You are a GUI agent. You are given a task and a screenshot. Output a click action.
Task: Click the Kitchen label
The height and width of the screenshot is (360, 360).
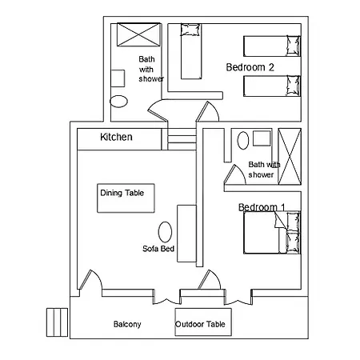[116, 137]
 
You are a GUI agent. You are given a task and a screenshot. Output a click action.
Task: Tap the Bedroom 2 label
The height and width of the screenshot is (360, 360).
[250, 67]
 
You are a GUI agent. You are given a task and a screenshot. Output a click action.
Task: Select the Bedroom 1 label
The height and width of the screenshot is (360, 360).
[262, 207]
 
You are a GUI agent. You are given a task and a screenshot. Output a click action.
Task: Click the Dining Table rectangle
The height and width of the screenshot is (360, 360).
[126, 198]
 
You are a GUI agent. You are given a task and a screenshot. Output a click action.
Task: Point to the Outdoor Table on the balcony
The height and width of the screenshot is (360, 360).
[203, 322]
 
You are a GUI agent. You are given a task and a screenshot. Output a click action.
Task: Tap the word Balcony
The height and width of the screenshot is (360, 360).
[127, 324]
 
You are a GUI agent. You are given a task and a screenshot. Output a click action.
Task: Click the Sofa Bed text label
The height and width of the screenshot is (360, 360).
[158, 249]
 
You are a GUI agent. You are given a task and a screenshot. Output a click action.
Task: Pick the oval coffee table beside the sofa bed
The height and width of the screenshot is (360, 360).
[165, 232]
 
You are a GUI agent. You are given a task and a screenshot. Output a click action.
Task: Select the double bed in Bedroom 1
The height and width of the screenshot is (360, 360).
[272, 233]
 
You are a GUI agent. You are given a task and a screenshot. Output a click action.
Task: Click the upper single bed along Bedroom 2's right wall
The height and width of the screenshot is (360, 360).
[272, 46]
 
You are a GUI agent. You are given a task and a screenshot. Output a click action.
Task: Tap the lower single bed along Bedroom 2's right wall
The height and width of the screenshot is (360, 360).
[272, 86]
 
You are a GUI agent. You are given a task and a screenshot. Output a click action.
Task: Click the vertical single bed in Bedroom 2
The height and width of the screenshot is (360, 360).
[191, 51]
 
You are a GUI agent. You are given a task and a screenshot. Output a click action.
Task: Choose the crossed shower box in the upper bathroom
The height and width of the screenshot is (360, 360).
[139, 34]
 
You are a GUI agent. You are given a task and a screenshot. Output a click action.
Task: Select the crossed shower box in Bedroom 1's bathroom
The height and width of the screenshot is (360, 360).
[290, 157]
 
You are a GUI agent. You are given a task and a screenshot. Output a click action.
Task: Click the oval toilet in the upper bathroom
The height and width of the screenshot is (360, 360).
[118, 102]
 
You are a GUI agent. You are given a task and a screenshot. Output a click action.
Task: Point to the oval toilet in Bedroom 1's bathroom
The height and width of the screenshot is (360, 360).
[243, 140]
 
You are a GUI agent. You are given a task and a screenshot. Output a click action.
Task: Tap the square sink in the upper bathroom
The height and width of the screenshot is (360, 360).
[118, 78]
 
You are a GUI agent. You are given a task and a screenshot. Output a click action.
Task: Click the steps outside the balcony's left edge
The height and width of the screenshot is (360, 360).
[57, 322]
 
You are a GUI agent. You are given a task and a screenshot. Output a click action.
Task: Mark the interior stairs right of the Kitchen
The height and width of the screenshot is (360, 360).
[182, 139]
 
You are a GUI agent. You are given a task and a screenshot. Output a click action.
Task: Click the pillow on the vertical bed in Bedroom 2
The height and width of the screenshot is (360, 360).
[190, 30]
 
